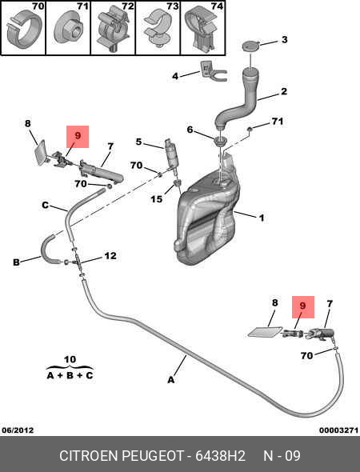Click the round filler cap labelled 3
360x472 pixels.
(x=250, y=46)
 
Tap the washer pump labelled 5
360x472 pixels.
(x=170, y=154)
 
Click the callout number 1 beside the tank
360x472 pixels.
(x=262, y=218)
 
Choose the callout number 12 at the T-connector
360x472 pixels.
(x=110, y=255)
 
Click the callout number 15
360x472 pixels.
(x=157, y=199)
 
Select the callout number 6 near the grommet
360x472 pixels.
(x=190, y=130)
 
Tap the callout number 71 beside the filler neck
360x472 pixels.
(x=278, y=121)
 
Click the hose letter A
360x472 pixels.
(x=171, y=380)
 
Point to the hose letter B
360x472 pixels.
(x=16, y=262)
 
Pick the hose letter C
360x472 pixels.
(x=45, y=206)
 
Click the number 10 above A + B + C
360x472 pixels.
(x=70, y=359)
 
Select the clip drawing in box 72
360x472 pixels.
(x=113, y=29)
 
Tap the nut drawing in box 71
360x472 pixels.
(x=68, y=29)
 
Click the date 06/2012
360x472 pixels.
(x=18, y=430)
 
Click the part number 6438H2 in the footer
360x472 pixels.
(x=220, y=456)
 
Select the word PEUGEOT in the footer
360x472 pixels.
(x=153, y=456)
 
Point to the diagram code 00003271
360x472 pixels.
(x=338, y=430)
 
